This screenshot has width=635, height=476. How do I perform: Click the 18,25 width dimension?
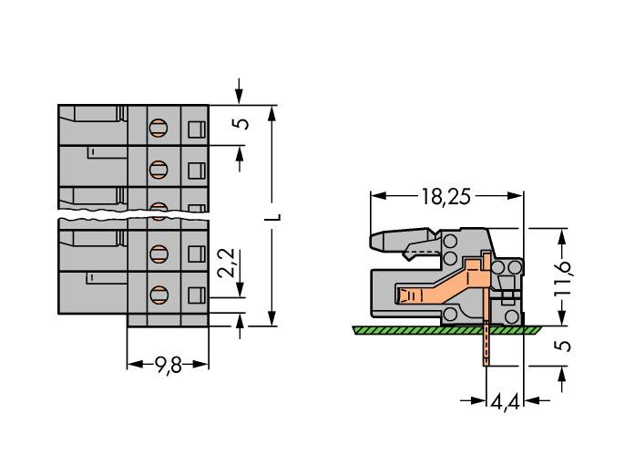click(x=446, y=196)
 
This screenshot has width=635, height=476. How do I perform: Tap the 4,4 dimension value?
click(x=505, y=402)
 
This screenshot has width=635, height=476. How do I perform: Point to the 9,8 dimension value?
click(x=168, y=366)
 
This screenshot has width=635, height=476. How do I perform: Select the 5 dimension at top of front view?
click(x=241, y=124)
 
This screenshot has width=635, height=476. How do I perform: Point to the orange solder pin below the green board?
click(x=486, y=346)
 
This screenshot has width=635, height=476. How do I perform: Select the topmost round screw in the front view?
click(x=158, y=128)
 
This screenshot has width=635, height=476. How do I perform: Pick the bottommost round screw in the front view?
click(x=158, y=294)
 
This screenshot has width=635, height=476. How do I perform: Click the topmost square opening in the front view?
click(x=194, y=129)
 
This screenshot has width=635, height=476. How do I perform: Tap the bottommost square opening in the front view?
click(x=194, y=294)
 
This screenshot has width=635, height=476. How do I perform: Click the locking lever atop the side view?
click(x=401, y=242)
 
